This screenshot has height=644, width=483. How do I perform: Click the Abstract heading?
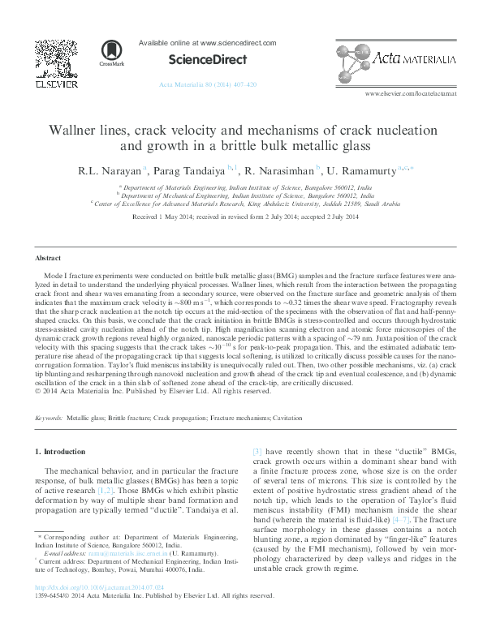coord(48,258)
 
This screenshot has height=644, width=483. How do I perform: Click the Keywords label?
coord(49,419)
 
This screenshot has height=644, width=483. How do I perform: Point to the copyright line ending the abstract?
coord(153,391)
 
